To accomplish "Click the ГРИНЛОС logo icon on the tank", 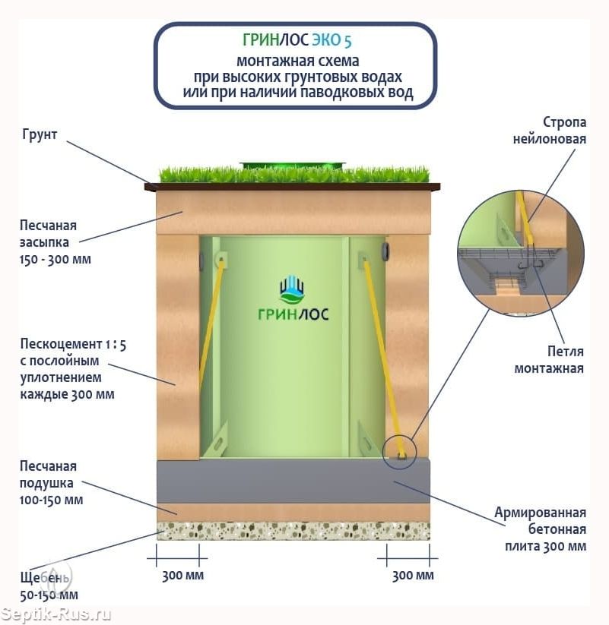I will [293, 289].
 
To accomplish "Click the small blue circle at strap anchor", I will [400, 450].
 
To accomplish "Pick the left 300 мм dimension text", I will [182, 575].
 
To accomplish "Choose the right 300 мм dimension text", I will [413, 575].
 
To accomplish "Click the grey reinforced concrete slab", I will [293, 481].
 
